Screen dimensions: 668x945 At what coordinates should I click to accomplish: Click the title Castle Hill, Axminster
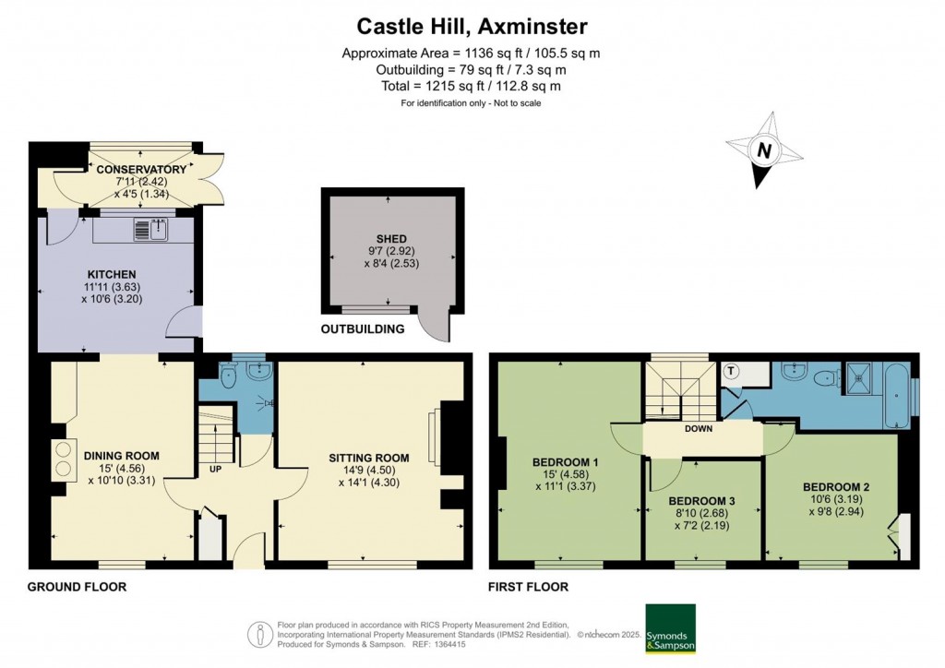472,26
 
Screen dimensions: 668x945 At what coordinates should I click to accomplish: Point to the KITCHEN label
112,275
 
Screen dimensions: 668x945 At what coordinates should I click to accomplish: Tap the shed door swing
431,324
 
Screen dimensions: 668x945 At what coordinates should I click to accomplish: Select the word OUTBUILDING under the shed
362,329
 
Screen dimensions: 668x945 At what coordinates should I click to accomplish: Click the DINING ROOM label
122,456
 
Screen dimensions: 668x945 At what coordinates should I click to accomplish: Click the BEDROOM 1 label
566,462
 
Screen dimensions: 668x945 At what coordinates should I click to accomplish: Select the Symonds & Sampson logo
670,628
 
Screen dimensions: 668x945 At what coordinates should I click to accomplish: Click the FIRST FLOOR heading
529,587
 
